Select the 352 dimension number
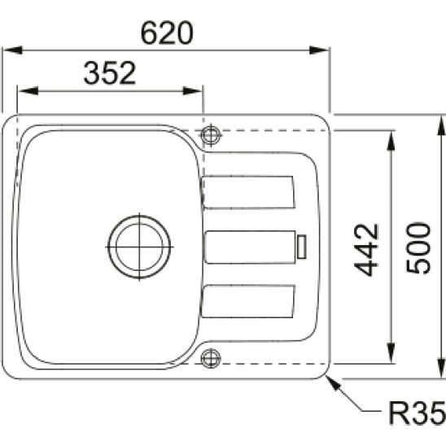click(x=109, y=74)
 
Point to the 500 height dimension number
click(x=419, y=248)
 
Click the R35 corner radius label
click(x=415, y=415)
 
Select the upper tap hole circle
click(x=211, y=133)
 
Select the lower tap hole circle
click(x=211, y=356)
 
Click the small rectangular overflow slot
click(x=302, y=246)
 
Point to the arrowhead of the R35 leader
click(x=332, y=382)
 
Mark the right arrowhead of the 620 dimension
click(x=323, y=50)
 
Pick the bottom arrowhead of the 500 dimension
click(x=440, y=374)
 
